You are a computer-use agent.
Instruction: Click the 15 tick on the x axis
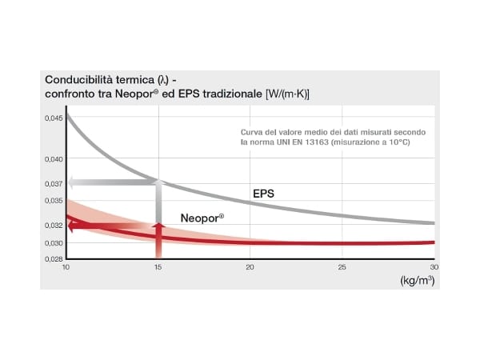tap(158, 266)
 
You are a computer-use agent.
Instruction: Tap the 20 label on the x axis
tap(250, 266)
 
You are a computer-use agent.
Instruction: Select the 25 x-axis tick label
tap(342, 266)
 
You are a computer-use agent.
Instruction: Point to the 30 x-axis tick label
tap(434, 266)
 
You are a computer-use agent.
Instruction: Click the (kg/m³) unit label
tap(417, 281)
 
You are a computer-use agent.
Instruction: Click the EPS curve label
tap(263, 194)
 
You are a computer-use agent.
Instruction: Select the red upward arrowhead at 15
tap(158, 227)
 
